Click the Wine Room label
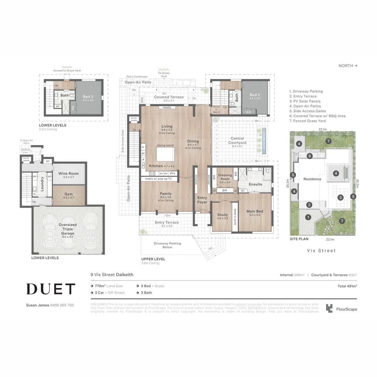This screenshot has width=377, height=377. point(68,173)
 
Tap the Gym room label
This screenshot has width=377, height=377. point(68,194)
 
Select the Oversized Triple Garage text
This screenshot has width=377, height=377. point(68,229)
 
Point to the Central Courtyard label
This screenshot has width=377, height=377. point(237,141)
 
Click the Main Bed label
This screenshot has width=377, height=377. point(254,211)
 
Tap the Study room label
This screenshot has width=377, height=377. point(222,215)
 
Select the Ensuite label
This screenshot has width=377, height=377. point(255,184)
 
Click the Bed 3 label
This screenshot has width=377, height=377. point(88,97)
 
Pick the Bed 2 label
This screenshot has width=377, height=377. point(255,95)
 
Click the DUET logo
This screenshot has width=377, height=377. point(51,289)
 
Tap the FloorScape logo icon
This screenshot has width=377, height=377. point(329,308)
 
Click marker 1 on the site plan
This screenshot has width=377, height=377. point(308,217)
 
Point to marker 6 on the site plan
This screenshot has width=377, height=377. point(310,156)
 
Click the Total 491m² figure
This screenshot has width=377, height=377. point(347,286)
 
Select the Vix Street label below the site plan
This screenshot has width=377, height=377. point(321,251)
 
